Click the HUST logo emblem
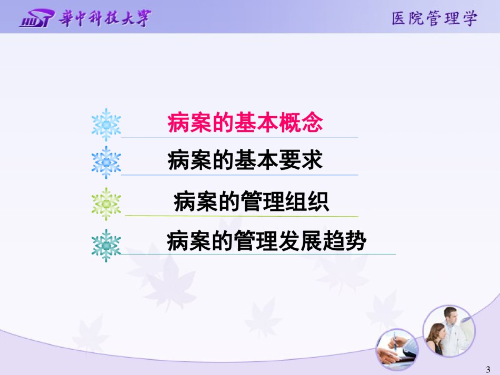pyautogui.click(x=37, y=18)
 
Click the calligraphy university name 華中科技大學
pyautogui.click(x=105, y=18)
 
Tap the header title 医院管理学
pyautogui.click(x=434, y=18)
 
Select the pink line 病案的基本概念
pyautogui.click(x=245, y=123)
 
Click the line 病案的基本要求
pyautogui.click(x=245, y=160)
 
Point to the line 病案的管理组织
pyautogui.click(x=251, y=201)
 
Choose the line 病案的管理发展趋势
pyautogui.click(x=266, y=240)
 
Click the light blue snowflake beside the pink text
pyautogui.click(x=106, y=125)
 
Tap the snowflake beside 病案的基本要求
pyautogui.click(x=106, y=162)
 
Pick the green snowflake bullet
pyautogui.click(x=106, y=204)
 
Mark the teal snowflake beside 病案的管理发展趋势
pyautogui.click(x=106, y=246)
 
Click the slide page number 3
pyautogui.click(x=488, y=370)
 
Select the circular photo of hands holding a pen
pyautogui.click(x=397, y=350)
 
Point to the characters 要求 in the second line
pyautogui.click(x=301, y=160)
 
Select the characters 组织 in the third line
pyautogui.click(x=307, y=201)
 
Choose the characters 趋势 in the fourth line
pyautogui.click(x=344, y=240)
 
